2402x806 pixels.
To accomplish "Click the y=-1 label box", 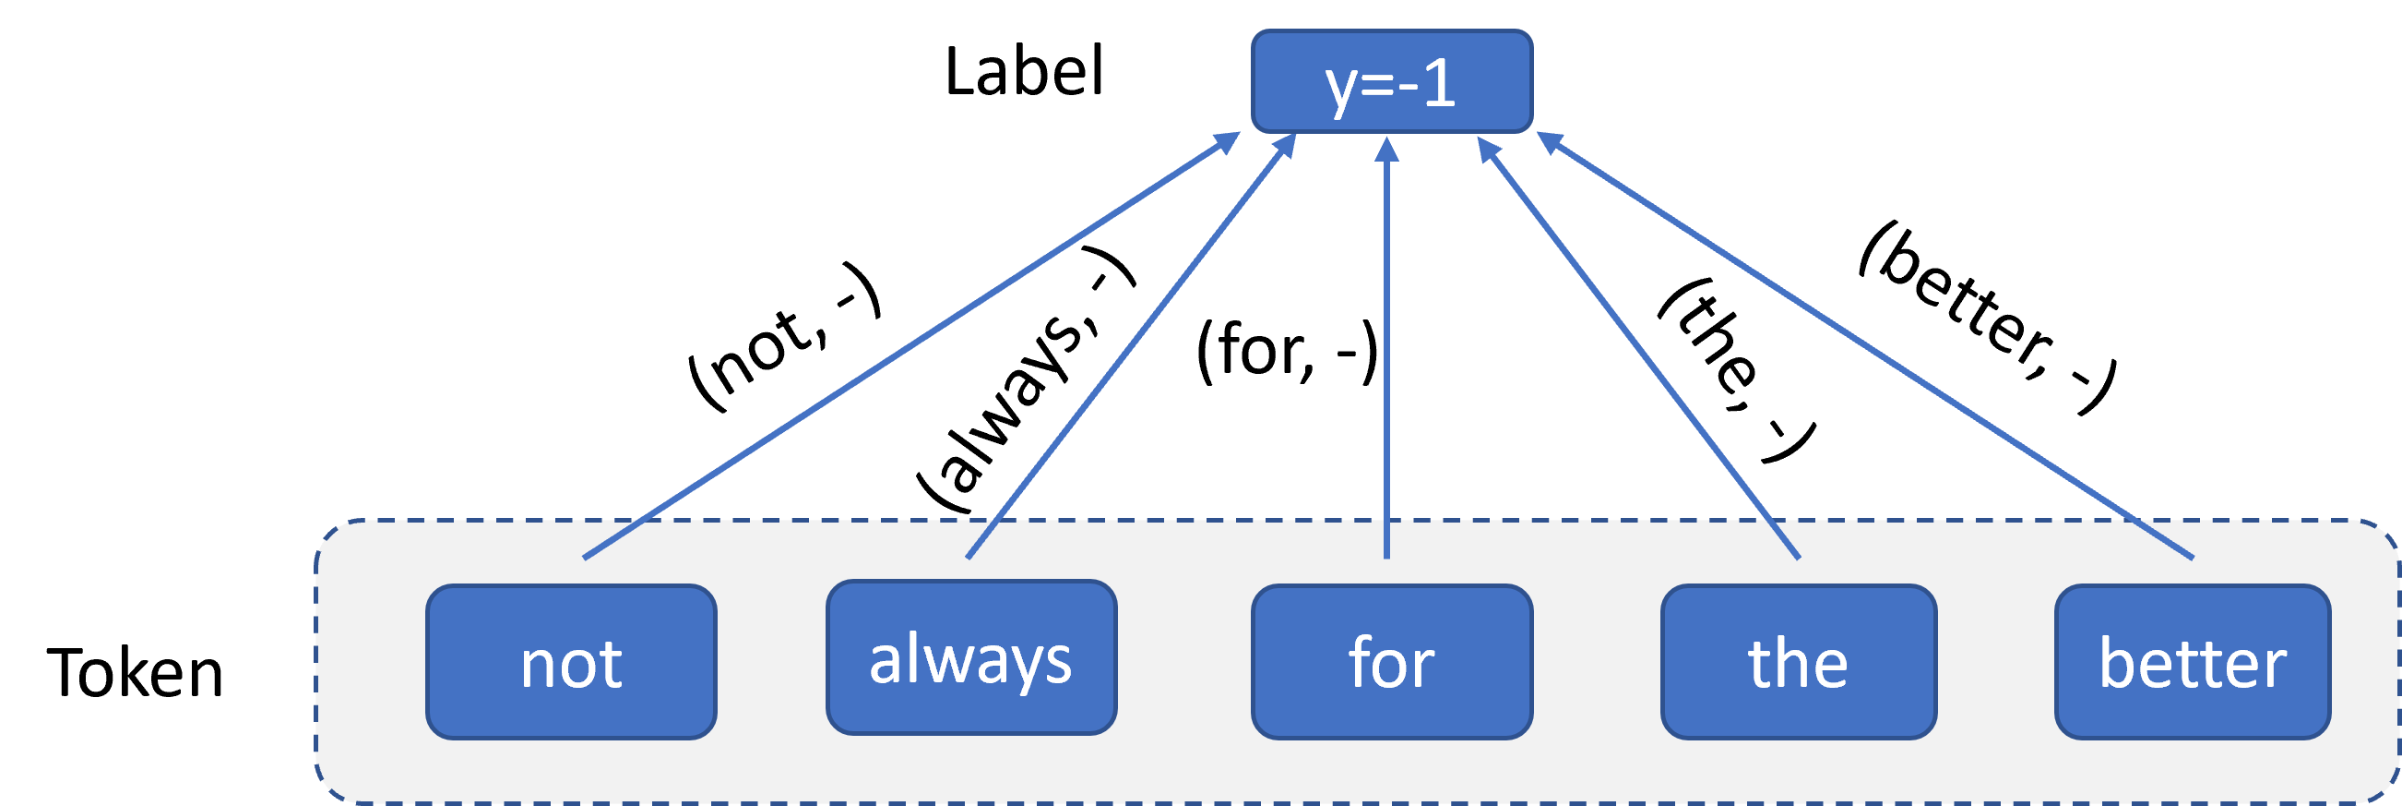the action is [x=1391, y=81].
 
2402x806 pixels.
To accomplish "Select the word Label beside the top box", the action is [x=1024, y=72].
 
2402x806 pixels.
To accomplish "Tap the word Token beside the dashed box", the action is [x=136, y=673].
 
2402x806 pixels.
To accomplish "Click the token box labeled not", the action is [x=571, y=662].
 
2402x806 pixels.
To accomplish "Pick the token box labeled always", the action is [x=970, y=657].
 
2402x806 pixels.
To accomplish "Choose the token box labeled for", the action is [x=1391, y=662].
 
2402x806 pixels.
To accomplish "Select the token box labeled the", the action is [x=1799, y=662].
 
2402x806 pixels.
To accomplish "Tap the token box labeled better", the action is [x=2194, y=662].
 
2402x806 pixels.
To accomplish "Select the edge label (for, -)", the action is [x=1288, y=351].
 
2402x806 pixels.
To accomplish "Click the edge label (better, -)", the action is [x=1987, y=319].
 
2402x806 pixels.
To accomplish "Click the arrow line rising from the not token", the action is [x=912, y=345].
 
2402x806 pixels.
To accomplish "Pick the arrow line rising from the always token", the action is [x=1131, y=346].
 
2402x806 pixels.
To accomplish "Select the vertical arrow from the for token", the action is [x=1386, y=348].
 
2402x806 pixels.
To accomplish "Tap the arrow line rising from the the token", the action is [x=1638, y=348].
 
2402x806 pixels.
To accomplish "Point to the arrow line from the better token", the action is [x=1865, y=345].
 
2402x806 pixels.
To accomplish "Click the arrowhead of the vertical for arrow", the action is [x=1386, y=150].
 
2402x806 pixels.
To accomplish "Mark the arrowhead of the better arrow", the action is [x=1549, y=142].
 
